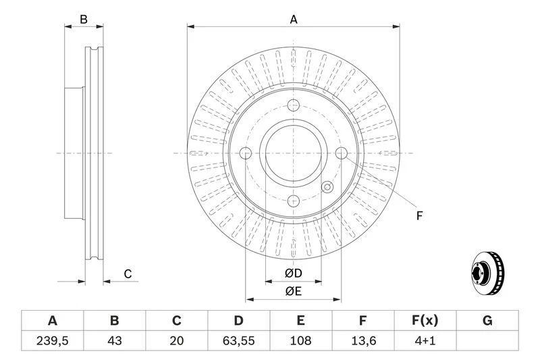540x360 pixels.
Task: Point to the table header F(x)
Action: [425, 320]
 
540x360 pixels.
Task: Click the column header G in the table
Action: [487, 320]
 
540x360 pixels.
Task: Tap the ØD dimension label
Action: [293, 273]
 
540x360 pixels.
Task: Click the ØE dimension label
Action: [293, 291]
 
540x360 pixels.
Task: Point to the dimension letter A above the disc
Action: [294, 20]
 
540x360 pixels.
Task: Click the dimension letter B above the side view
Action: [84, 20]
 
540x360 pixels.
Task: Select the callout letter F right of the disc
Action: [418, 216]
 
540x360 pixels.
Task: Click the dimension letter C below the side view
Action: [127, 274]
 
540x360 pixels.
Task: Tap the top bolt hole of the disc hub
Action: [293, 105]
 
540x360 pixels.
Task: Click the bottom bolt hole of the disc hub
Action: [293, 200]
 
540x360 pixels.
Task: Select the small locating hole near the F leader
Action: [327, 187]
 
